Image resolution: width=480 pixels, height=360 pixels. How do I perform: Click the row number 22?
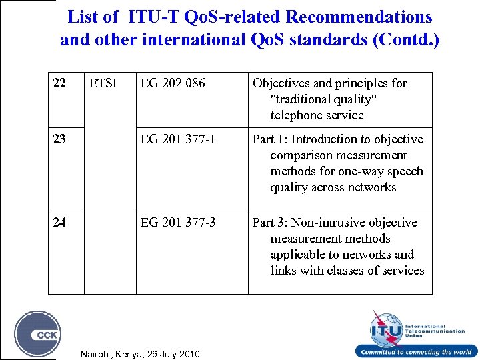pyautogui.click(x=59, y=83)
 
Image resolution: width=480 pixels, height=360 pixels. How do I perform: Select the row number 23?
pyautogui.click(x=59, y=139)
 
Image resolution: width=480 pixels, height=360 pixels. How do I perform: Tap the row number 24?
pyautogui.click(x=59, y=223)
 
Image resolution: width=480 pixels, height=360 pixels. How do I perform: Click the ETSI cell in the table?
pyautogui.click(x=103, y=83)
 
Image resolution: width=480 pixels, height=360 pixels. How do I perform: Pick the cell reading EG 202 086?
pyautogui.click(x=173, y=83)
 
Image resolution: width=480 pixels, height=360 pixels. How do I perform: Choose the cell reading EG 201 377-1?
pyautogui.click(x=178, y=139)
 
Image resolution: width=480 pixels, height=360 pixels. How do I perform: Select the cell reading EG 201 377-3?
pyautogui.click(x=178, y=223)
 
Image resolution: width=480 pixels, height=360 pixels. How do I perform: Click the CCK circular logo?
pyautogui.click(x=38, y=333)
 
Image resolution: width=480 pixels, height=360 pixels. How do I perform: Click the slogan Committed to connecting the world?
pyautogui.click(x=416, y=352)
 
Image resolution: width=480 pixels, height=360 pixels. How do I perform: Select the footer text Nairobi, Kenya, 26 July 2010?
pyautogui.click(x=139, y=353)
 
